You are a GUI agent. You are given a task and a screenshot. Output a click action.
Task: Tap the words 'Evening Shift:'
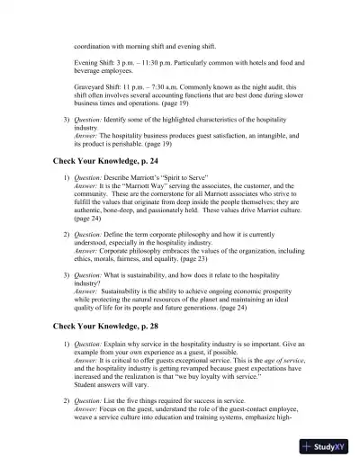[95, 63]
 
